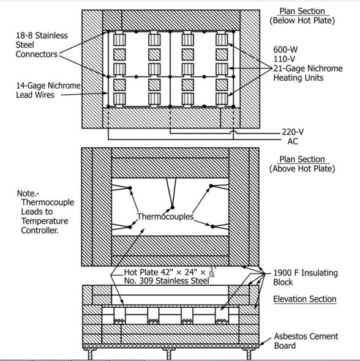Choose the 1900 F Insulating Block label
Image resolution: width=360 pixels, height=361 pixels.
point(312,278)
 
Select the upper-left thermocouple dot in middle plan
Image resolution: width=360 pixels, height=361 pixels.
point(130,187)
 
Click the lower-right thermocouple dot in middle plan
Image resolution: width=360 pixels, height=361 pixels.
point(212,226)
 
